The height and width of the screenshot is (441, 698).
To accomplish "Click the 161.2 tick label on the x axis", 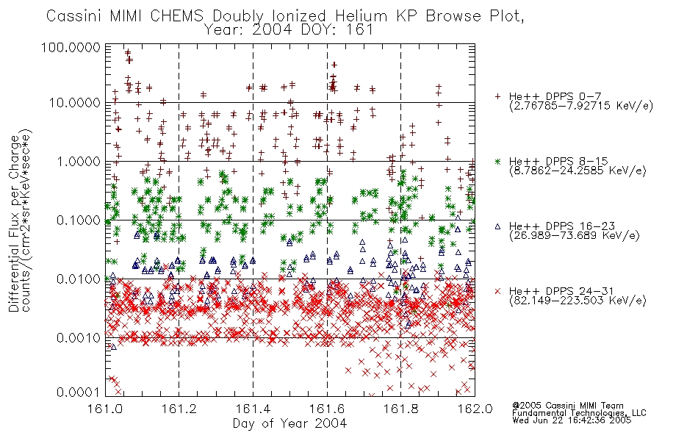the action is point(179,409).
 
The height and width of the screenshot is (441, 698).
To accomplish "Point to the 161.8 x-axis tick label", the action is point(401,409).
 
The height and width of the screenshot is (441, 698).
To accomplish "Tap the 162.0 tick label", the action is point(475,409).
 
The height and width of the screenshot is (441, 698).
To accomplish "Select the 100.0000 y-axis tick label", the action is point(71,47).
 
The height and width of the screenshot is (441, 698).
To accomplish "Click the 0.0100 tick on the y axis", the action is point(79,279).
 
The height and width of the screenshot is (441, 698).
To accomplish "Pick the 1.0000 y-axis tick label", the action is point(79,162).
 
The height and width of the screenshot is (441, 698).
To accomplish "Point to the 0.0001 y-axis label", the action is point(79,392).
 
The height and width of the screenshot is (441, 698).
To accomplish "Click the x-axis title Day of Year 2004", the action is point(289,423).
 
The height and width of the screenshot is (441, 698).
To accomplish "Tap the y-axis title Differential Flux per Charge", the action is point(14,223).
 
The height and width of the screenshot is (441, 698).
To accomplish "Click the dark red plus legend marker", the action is point(497,96).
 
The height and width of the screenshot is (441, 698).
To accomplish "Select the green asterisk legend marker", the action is point(497,161).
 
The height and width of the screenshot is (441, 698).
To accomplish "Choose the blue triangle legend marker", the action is point(497,226).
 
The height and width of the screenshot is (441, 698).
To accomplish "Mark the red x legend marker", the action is point(497,291).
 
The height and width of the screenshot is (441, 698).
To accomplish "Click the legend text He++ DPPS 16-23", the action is point(562,226).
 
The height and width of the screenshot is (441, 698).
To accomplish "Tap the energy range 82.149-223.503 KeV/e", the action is point(578,301).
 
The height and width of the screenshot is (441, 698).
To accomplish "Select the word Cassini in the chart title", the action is point(75,16).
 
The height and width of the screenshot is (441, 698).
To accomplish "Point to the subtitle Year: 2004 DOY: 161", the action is point(289,30).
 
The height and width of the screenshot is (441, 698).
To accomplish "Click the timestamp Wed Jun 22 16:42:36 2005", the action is point(572,420).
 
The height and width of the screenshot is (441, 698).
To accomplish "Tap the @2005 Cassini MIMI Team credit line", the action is point(568,406).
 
